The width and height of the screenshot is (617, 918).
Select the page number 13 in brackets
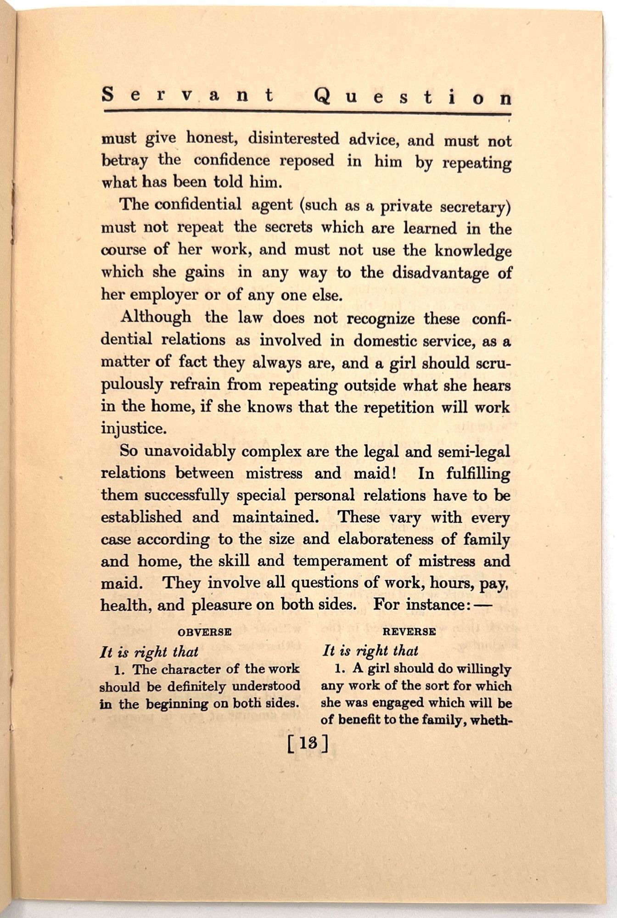(308, 744)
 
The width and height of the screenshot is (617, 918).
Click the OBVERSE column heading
(204, 632)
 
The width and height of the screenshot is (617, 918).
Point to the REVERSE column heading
(409, 632)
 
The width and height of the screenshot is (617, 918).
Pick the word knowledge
(473, 251)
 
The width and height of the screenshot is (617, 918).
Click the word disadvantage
(442, 273)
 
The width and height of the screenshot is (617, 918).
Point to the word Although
(156, 317)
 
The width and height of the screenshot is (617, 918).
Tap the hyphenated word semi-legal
(474, 452)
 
